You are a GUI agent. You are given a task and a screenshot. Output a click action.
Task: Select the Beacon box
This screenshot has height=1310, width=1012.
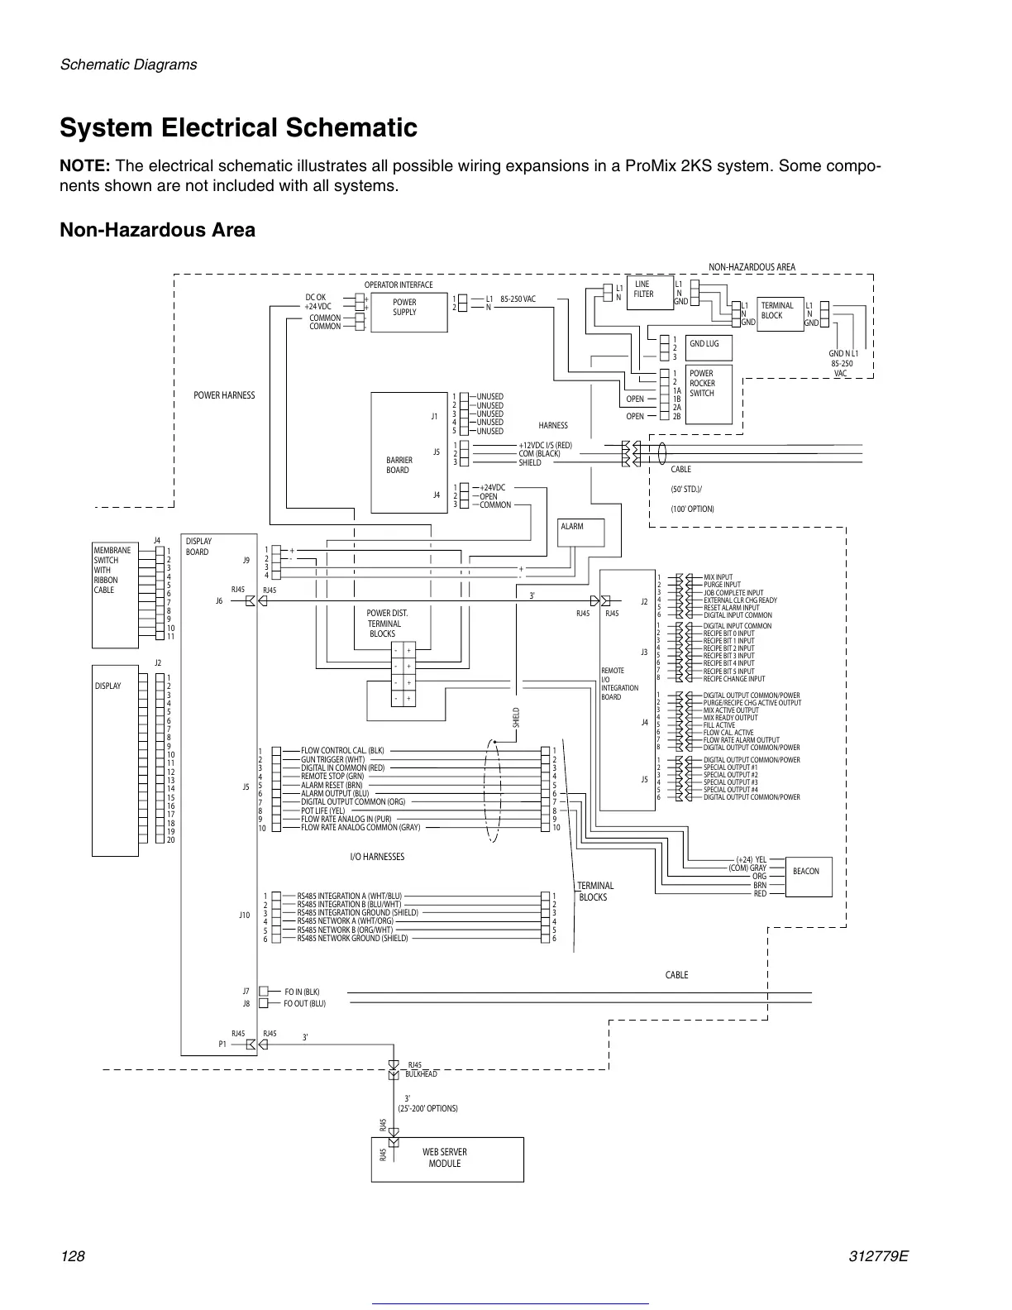pos(805,871)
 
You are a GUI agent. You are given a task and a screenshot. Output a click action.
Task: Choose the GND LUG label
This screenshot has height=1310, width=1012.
pos(704,344)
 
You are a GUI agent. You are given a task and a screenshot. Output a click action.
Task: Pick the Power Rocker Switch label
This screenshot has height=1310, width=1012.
pos(702,383)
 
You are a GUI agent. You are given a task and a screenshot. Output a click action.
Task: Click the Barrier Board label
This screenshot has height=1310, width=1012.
pos(399,465)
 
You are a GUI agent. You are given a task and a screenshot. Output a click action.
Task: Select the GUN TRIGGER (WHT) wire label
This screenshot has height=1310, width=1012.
pos(332,759)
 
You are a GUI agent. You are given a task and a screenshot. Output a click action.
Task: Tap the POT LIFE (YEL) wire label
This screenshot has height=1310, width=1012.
pos(323,810)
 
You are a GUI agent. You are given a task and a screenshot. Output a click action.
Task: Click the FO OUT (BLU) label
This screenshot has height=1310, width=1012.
pos(304,1004)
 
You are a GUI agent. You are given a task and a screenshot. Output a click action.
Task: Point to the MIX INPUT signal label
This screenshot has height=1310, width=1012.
pos(718,577)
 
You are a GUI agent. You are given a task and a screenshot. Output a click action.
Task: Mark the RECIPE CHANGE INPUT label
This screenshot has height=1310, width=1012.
pos(734,679)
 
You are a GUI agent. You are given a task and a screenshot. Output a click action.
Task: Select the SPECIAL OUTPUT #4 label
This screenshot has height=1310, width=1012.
pos(730,790)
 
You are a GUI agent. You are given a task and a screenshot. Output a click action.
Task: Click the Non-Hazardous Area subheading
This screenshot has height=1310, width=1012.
pos(157,230)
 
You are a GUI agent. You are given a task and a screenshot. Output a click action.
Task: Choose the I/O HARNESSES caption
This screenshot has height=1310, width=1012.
pos(377,857)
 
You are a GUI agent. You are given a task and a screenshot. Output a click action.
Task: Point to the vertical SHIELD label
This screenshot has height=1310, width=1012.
pos(516,716)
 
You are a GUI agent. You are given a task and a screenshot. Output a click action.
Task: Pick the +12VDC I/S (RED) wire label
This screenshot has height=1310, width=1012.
pos(545,446)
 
